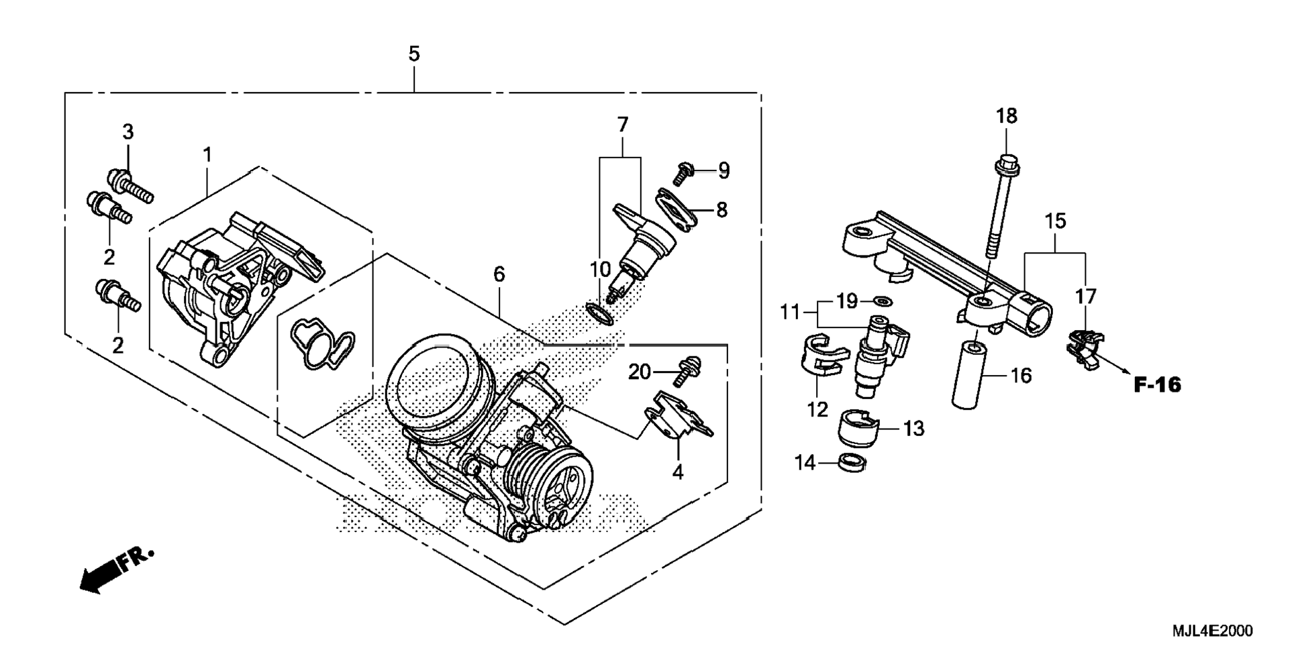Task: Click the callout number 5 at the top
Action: pyautogui.click(x=414, y=54)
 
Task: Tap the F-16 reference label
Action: pyautogui.click(x=1157, y=385)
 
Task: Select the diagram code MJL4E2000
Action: pyautogui.click(x=1212, y=631)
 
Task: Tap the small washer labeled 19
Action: pyautogui.click(x=884, y=299)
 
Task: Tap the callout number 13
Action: pyautogui.click(x=913, y=429)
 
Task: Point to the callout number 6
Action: pyautogui.click(x=499, y=274)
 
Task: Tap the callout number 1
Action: pyautogui.click(x=207, y=155)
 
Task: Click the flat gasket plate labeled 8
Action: pyautogui.click(x=674, y=209)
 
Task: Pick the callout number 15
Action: pyautogui.click(x=1055, y=221)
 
